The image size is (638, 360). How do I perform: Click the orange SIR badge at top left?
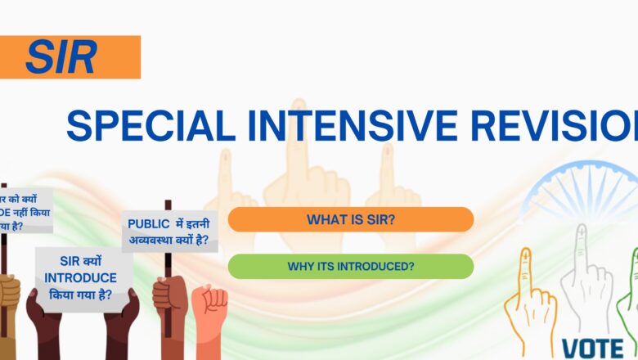click(70, 56)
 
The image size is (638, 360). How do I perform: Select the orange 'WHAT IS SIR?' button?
click(350, 219)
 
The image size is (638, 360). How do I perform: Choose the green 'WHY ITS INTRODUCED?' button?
click(350, 266)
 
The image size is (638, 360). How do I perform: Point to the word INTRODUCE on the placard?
click(80, 277)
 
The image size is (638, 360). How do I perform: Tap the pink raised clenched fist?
click(215, 300)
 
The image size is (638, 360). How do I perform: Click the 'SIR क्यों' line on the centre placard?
click(80, 261)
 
